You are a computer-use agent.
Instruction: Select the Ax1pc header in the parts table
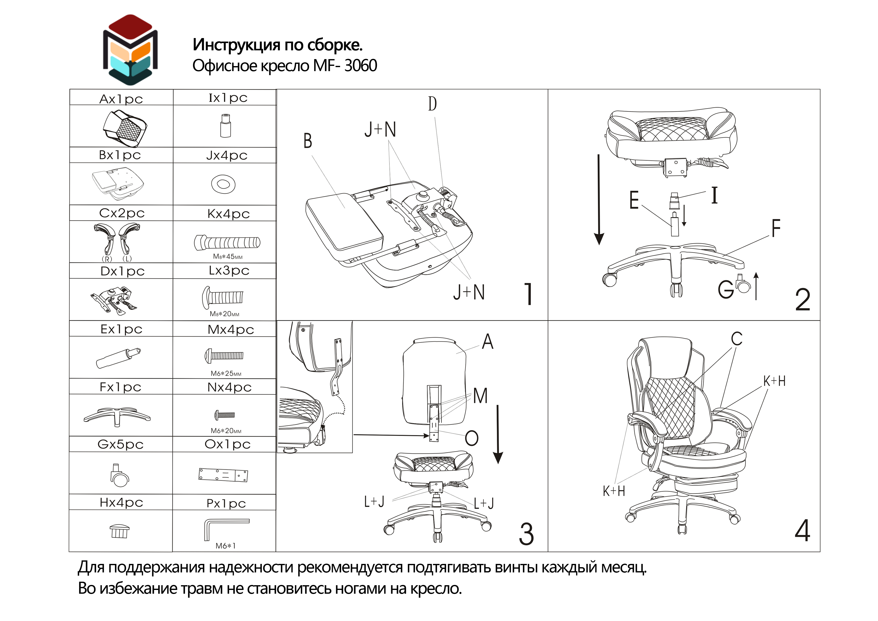[x=121, y=99]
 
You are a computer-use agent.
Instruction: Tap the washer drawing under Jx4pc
[x=223, y=185]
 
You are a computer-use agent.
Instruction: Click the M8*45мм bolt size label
[x=228, y=256]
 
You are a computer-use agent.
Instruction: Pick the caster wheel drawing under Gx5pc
[x=119, y=475]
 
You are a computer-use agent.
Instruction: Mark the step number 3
[x=526, y=534]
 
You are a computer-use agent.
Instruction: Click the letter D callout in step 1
[x=432, y=104]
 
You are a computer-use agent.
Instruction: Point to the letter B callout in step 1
[x=308, y=140]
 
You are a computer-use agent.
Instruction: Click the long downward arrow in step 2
[x=599, y=199]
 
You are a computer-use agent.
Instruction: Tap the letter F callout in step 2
[x=776, y=228]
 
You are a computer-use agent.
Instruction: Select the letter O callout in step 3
[x=472, y=438]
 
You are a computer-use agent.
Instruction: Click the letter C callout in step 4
[x=737, y=339]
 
